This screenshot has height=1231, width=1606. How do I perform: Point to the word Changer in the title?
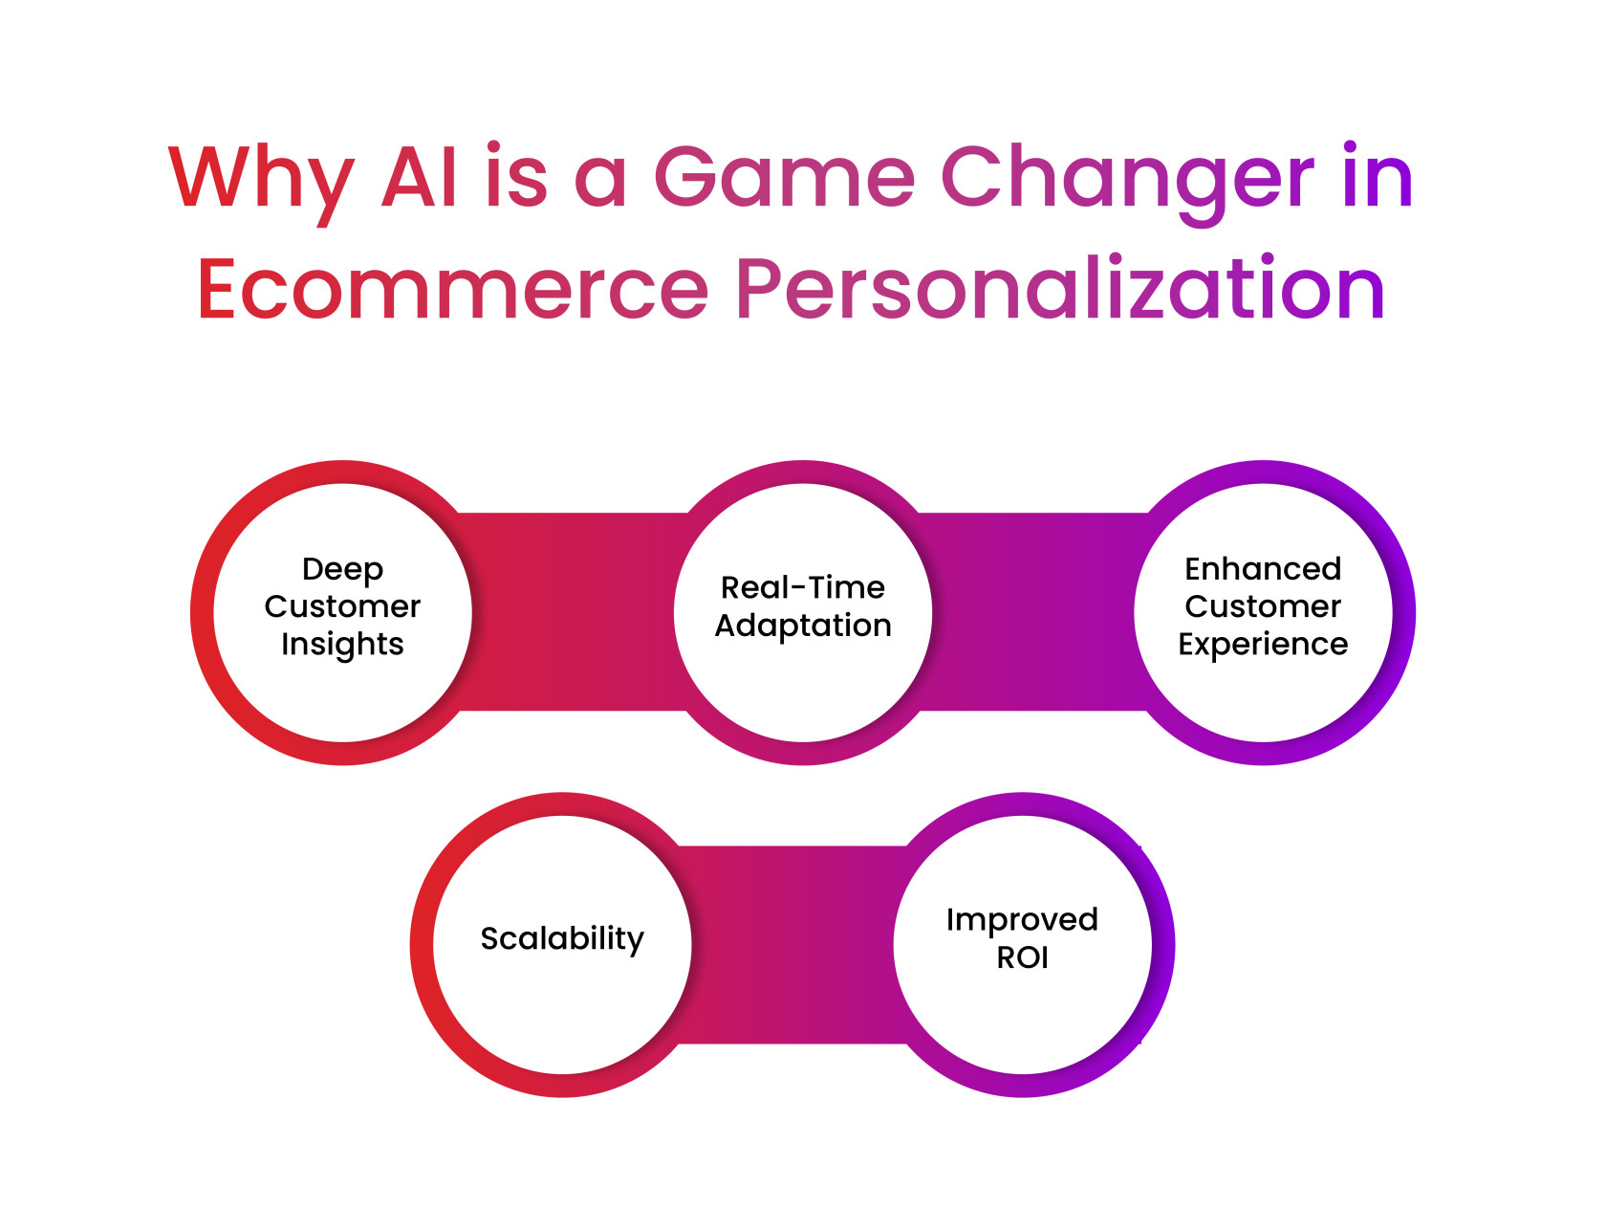(x=1128, y=179)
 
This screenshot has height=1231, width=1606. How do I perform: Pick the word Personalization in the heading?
(x=1059, y=289)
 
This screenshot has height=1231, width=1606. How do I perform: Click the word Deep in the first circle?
(x=342, y=569)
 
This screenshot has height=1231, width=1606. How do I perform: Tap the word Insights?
(x=342, y=645)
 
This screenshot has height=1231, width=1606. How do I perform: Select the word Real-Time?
(x=803, y=587)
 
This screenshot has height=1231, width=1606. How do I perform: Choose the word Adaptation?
(x=803, y=626)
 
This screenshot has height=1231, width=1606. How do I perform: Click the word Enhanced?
(x=1263, y=569)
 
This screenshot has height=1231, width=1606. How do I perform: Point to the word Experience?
(x=1263, y=645)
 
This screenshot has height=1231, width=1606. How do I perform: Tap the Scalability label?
(x=562, y=938)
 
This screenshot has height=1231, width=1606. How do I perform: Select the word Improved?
(x=1022, y=919)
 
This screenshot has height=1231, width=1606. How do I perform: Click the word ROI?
(x=1022, y=957)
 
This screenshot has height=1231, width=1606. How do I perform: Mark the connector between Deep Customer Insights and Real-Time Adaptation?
(x=574, y=612)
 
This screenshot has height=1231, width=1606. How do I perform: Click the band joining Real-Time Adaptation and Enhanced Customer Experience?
(x=1032, y=612)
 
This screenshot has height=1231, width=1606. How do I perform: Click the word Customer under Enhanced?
(x=1263, y=606)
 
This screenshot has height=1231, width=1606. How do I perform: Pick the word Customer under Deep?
(x=342, y=606)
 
